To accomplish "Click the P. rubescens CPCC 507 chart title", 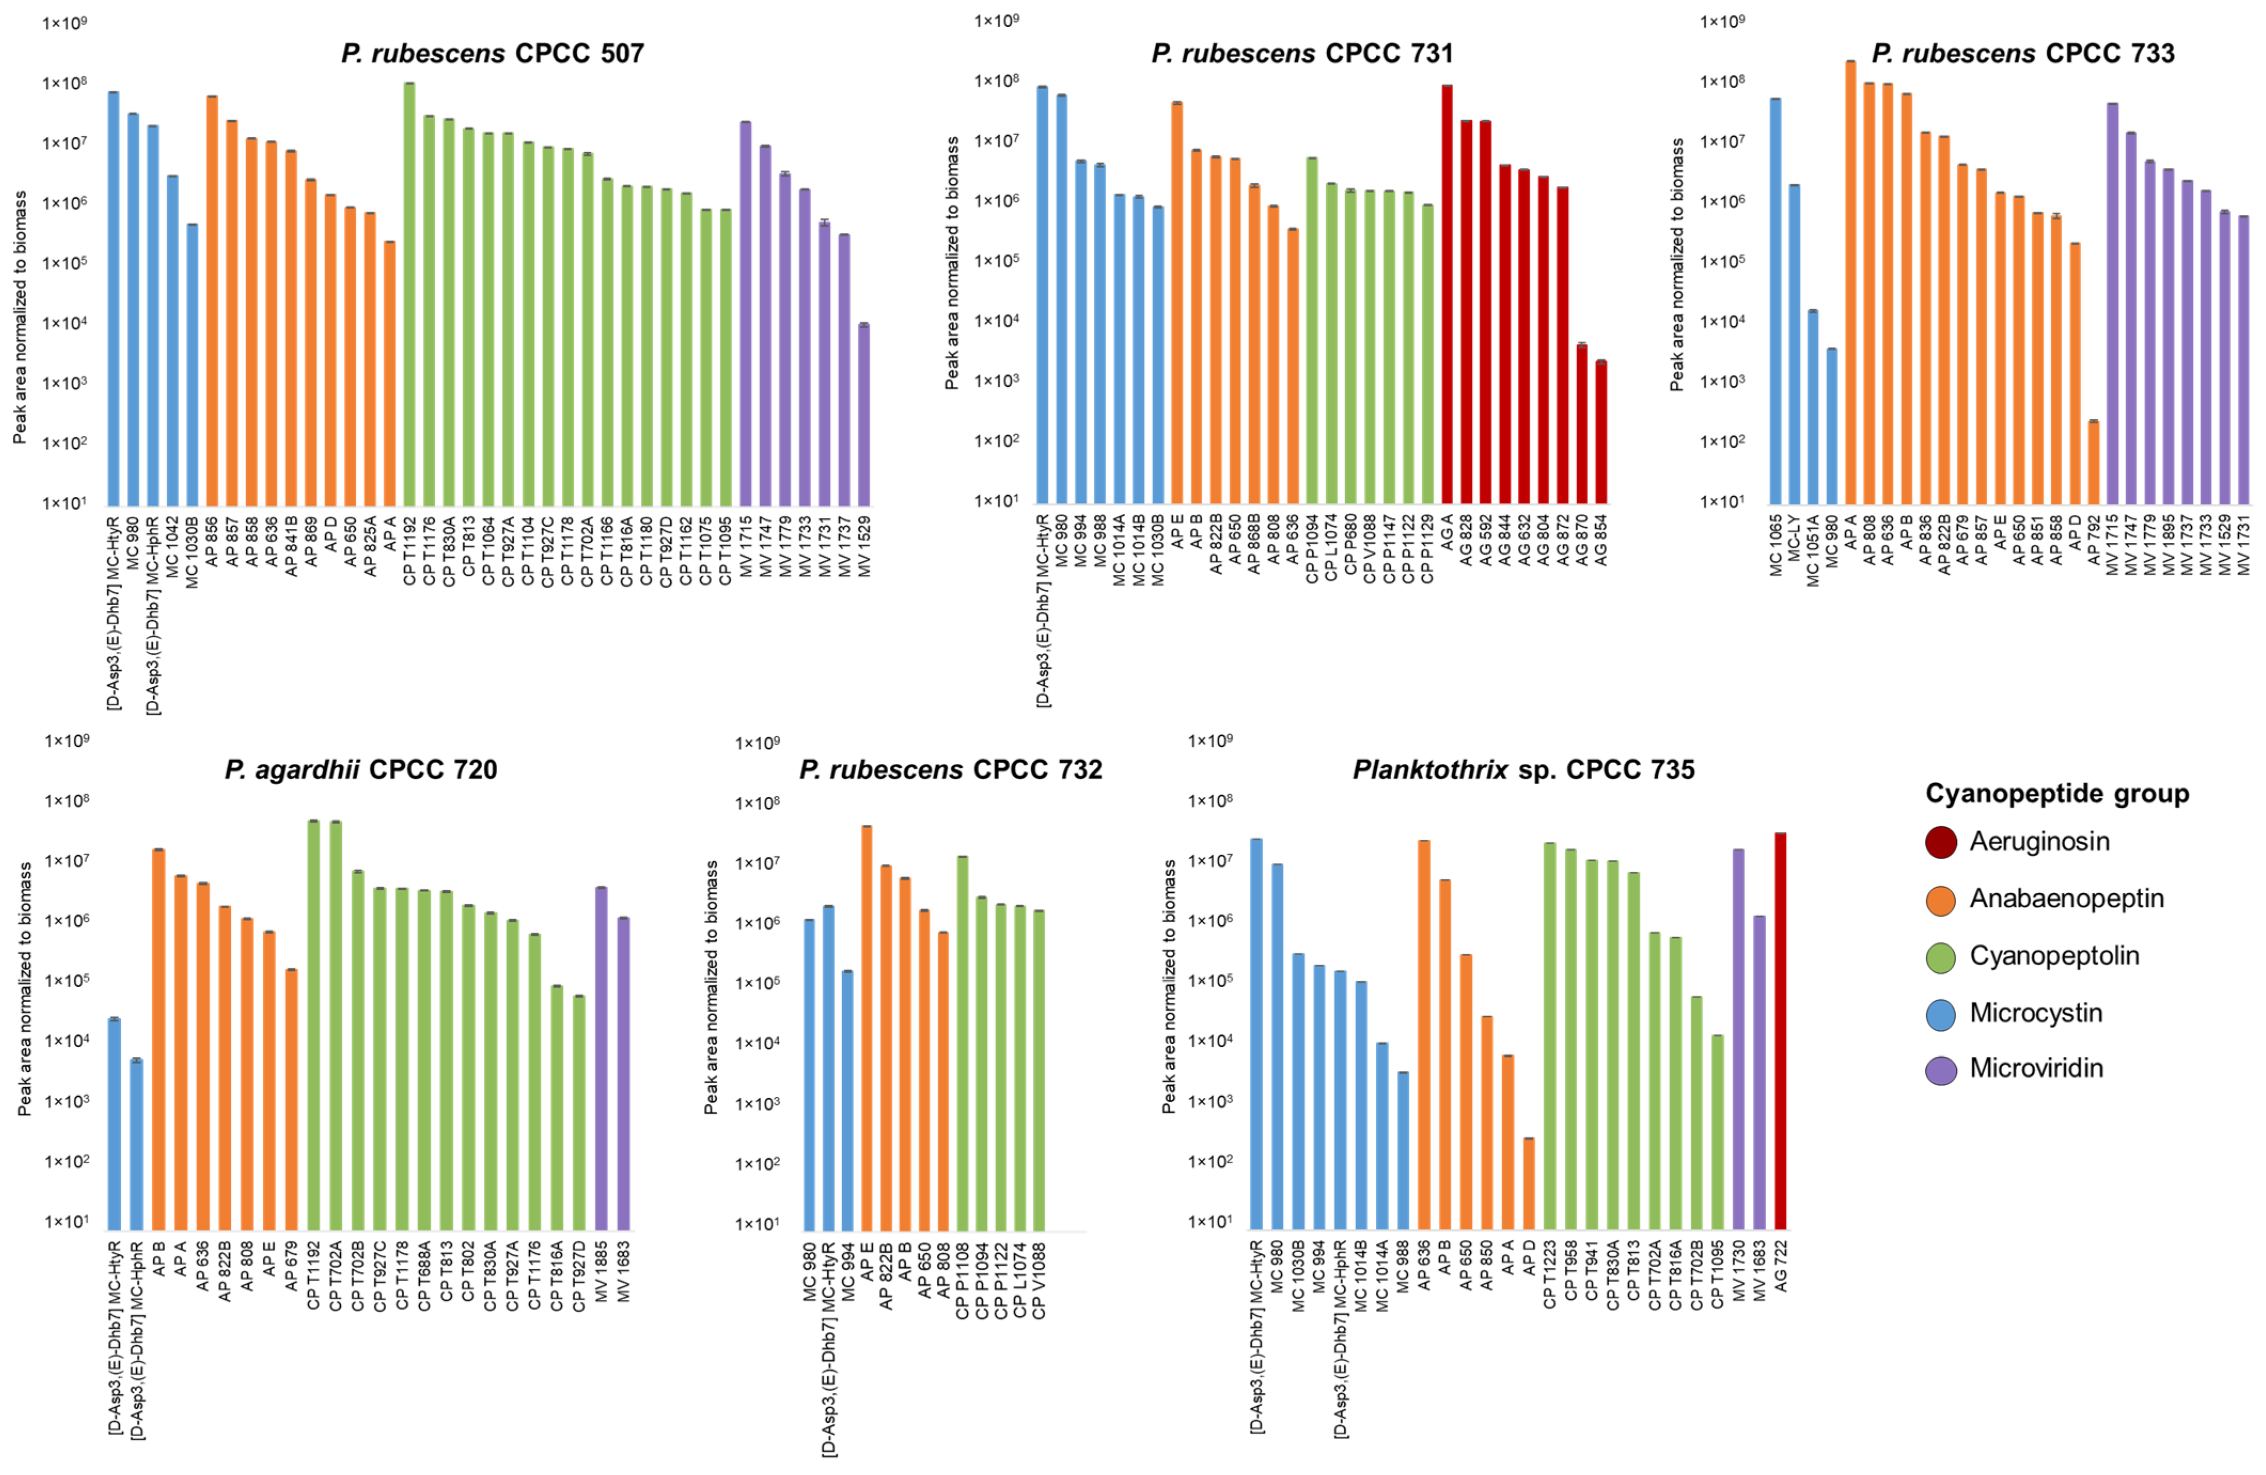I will (492, 53).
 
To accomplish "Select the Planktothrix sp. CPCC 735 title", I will (1523, 769).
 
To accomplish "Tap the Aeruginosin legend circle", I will (1940, 842).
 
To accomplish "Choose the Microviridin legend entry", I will (2036, 1068).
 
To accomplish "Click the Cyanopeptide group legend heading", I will (2057, 793).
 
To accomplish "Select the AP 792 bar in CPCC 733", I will (2093, 462).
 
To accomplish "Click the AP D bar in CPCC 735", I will (1528, 1184).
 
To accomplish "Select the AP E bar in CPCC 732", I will (866, 1028).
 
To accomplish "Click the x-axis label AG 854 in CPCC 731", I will (1602, 541).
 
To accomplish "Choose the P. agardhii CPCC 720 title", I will (361, 769).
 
